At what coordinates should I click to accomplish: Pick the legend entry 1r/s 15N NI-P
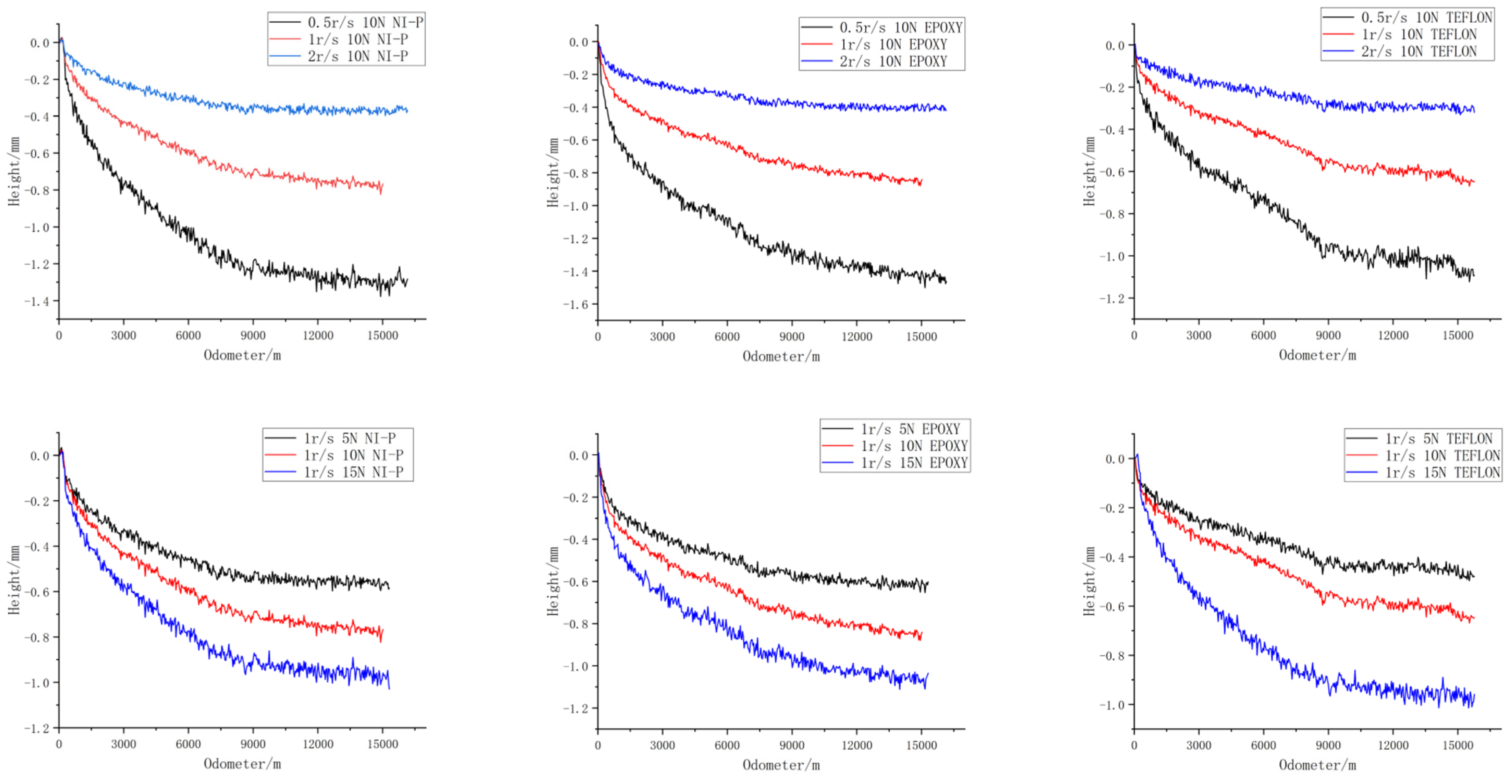coord(353,472)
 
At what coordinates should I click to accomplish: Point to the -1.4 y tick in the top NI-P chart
coord(36,301)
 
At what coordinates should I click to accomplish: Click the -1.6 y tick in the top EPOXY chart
coord(575,304)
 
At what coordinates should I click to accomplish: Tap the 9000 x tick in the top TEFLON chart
coord(1328,335)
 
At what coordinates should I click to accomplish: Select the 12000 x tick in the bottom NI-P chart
coord(318,745)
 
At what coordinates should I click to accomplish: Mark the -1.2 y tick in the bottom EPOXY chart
coord(575,709)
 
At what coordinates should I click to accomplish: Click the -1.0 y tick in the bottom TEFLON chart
coord(1112,705)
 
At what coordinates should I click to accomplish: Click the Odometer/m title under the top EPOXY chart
coord(781,356)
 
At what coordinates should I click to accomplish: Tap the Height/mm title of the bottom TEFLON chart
coord(1089,581)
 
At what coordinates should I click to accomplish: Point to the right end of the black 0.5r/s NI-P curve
coord(407,281)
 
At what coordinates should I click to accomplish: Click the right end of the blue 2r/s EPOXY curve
coord(946,109)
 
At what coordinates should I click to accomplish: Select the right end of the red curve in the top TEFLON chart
coord(1473,182)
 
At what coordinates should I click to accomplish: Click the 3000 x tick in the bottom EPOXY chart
coord(662,745)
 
